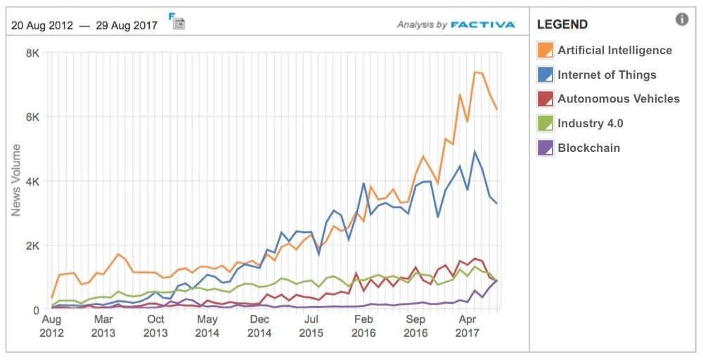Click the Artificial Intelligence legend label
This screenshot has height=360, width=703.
[x=614, y=50]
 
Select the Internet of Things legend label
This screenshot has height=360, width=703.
[x=607, y=75]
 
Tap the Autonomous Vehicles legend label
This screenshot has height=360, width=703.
[x=619, y=98]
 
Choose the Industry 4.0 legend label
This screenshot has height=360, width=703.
[x=590, y=123]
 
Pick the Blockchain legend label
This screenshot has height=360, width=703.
[x=588, y=148]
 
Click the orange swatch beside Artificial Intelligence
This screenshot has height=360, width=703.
[x=545, y=50]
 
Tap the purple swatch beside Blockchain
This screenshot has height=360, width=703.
[x=545, y=148]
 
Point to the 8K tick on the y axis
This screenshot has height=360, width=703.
[x=32, y=53]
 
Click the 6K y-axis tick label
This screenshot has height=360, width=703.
[x=32, y=117]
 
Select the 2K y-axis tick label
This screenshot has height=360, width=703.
[x=32, y=245]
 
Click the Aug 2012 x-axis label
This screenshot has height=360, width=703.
[x=51, y=326]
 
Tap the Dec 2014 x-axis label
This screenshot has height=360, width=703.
[x=259, y=326]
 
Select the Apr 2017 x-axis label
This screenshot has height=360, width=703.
[x=467, y=326]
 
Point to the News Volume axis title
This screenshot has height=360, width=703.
[x=15, y=180]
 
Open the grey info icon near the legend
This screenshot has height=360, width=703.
[x=682, y=20]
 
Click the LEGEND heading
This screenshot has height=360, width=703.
[x=562, y=25]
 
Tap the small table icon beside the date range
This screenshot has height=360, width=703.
[x=177, y=21]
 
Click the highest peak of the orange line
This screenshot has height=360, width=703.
[x=475, y=72]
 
